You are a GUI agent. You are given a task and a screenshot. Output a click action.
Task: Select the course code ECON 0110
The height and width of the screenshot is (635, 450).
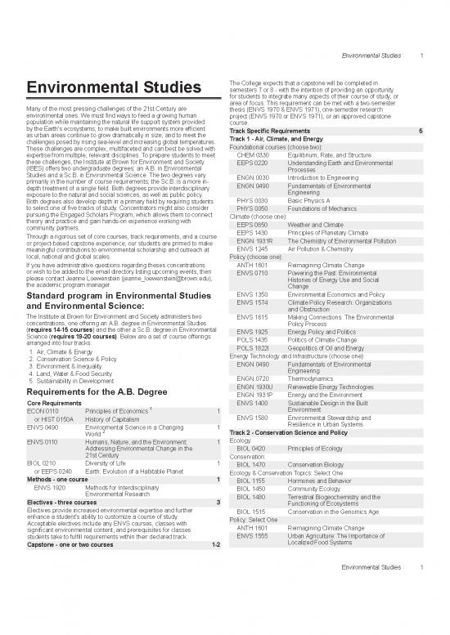pos(43,409)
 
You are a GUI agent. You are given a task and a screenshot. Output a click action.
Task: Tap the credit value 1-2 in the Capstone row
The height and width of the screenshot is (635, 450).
pos(215,544)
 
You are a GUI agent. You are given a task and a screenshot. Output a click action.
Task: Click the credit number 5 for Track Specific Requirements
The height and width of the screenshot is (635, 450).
pos(420,131)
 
